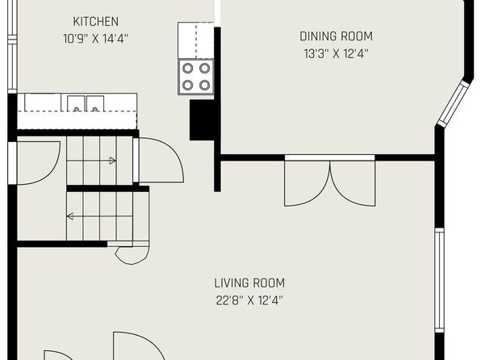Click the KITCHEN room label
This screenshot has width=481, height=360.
point(96,22)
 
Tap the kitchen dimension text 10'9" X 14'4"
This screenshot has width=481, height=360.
point(96,39)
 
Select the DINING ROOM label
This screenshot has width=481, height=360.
point(337,36)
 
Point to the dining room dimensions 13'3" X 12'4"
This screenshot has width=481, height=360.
point(336,54)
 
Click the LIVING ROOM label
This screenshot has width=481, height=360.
point(249,283)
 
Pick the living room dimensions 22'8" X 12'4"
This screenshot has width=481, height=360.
point(249,300)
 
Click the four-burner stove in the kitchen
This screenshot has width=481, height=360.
point(196,77)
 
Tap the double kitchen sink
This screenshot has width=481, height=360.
point(86,103)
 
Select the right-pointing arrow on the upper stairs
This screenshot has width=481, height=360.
point(91,161)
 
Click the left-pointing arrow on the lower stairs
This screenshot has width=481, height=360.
point(100,216)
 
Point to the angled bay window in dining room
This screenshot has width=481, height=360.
point(454,104)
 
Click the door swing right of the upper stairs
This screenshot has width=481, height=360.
point(159,160)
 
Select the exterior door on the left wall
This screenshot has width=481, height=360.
point(34,163)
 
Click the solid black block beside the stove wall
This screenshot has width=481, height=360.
point(202,120)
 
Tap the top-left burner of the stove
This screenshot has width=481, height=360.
point(188,68)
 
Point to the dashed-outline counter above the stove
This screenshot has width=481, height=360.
point(196,40)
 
